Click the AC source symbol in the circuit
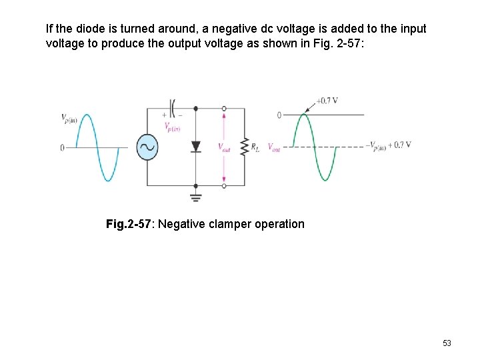click(x=147, y=147)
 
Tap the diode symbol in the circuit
click(x=196, y=147)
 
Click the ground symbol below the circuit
click(x=196, y=197)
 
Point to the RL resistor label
click(x=255, y=147)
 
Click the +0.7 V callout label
click(x=327, y=101)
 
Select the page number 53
click(x=447, y=343)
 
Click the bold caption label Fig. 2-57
click(x=129, y=224)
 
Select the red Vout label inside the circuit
click(x=224, y=147)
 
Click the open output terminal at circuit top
click(x=224, y=108)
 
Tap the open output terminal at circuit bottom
click(x=224, y=185)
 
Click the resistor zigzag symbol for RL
click(x=245, y=147)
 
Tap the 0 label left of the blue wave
click(x=62, y=147)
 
